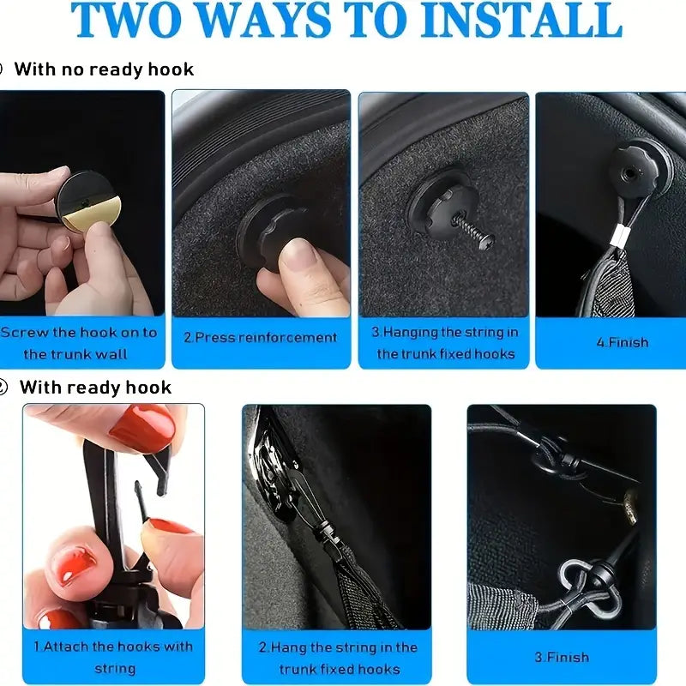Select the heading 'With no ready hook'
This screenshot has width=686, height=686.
(x=104, y=69)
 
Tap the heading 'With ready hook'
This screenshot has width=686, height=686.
(x=95, y=388)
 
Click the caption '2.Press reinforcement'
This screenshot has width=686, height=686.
(x=261, y=337)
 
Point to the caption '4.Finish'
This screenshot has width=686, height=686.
(x=622, y=342)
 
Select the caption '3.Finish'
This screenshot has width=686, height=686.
(x=562, y=657)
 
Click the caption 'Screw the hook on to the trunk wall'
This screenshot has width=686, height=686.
(x=78, y=343)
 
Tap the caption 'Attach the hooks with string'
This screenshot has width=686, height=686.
(x=112, y=657)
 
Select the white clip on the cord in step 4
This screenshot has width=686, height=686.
(x=616, y=253)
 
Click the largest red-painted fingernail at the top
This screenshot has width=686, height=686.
(x=141, y=427)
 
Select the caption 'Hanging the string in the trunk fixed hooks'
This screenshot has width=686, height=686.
(x=446, y=342)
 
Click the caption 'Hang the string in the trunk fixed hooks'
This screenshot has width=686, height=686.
(x=337, y=658)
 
